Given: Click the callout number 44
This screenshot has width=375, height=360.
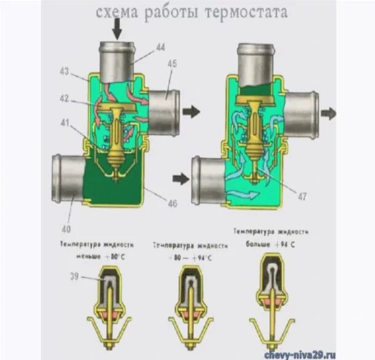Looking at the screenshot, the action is pyautogui.click(x=160, y=47).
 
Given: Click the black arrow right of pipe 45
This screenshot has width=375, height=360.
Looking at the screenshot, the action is pyautogui.click(x=192, y=111).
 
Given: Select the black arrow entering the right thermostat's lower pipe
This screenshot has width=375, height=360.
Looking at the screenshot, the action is pyautogui.click(x=181, y=178).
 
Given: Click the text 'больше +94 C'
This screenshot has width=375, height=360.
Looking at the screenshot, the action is pyautogui.click(x=270, y=242).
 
